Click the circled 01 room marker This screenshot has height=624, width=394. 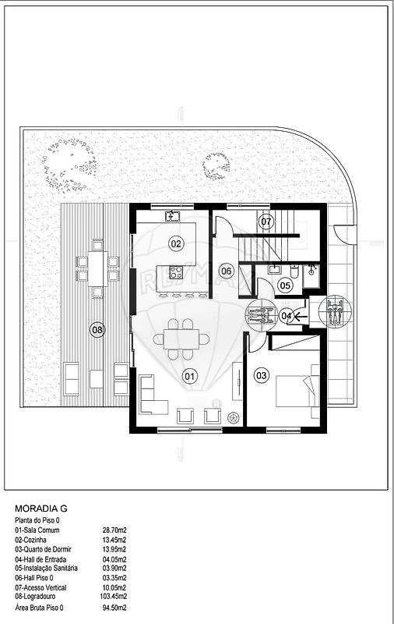pyautogui.click(x=190, y=376)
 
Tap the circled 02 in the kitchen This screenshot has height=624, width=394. pyautogui.click(x=176, y=243)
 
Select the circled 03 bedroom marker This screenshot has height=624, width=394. pyautogui.click(x=262, y=375)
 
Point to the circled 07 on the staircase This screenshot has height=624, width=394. pyautogui.click(x=266, y=222)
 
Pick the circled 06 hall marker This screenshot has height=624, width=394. pyautogui.click(x=227, y=271)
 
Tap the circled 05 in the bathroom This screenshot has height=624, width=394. pyautogui.click(x=285, y=285)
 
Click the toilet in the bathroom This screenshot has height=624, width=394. pyautogui.click(x=294, y=271)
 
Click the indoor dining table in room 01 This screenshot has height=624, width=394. pyautogui.click(x=182, y=339)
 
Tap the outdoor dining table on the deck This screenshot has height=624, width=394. pyautogui.click(x=97, y=268)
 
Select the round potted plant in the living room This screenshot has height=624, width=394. pyautogui.click(x=233, y=417)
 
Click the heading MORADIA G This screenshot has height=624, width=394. pyautogui.click(x=41, y=509)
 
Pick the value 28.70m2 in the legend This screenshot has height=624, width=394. pyautogui.click(x=114, y=530)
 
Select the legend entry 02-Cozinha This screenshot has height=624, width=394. pyautogui.click(x=30, y=540)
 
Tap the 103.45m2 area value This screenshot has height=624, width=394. pyautogui.click(x=113, y=597)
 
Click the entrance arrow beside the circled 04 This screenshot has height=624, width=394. pyautogui.click(x=301, y=316)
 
